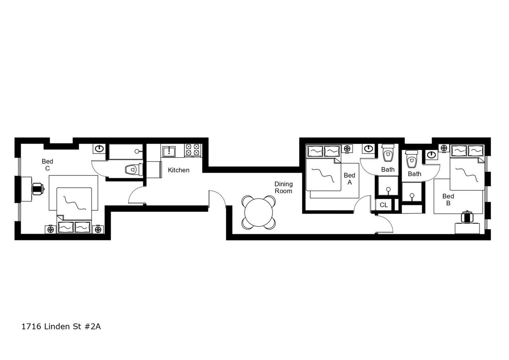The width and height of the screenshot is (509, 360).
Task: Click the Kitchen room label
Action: tap(179, 170)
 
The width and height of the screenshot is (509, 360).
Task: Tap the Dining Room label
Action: tap(283, 187)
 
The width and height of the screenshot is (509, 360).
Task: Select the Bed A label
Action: tap(350, 179)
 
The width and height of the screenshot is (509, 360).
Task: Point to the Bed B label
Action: tap(448, 199)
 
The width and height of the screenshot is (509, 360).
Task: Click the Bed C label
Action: tap(47, 165)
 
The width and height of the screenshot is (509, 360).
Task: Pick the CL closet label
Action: tap(384, 205)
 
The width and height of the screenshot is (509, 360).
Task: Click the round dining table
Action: tap(258, 212)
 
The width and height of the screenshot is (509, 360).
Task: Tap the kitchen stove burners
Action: tap(192, 150)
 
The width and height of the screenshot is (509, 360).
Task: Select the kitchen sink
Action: tap(169, 152)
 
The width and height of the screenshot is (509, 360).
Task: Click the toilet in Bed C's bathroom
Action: tap(133, 170)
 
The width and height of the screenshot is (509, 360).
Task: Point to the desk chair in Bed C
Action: tap(38, 189)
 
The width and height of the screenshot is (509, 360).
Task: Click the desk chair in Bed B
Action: tap(467, 217)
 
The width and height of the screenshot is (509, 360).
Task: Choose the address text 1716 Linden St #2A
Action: tap(61, 327)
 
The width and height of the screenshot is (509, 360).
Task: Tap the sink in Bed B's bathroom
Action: tap(431, 155)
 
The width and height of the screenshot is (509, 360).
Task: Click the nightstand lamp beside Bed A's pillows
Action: tap(347, 149)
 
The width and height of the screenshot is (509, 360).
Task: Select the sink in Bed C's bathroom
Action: tap(99, 149)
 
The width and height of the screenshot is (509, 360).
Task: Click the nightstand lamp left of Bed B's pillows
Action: tap(444, 148)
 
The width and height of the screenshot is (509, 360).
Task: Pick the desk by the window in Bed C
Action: tap(26, 189)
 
